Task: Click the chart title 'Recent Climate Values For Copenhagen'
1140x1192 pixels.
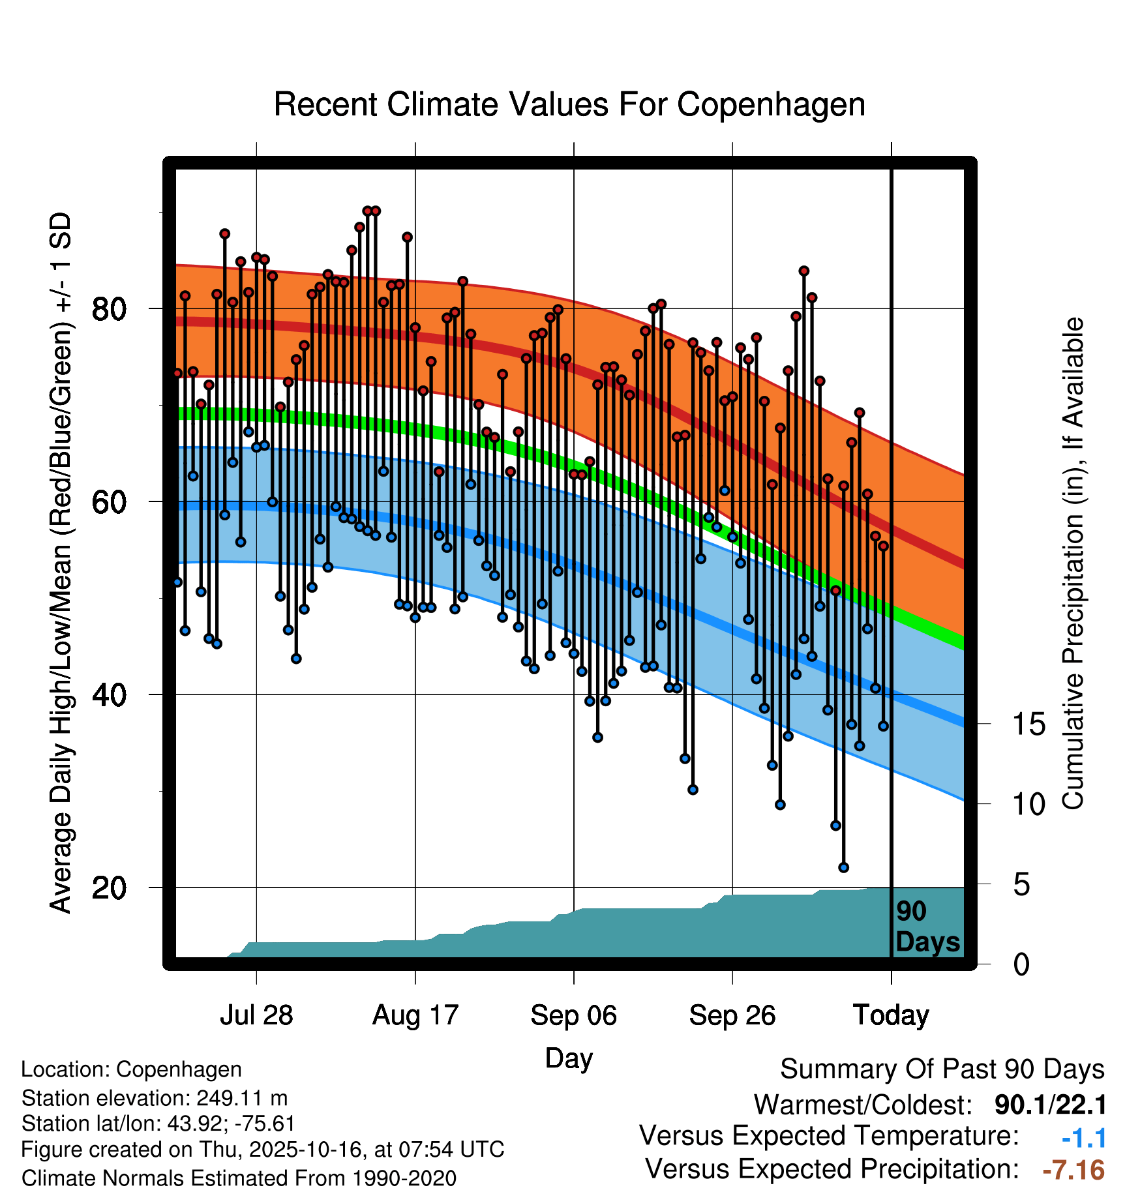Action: tap(569, 104)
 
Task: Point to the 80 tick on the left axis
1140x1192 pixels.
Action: tap(110, 308)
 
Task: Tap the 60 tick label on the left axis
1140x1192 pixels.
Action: tap(110, 501)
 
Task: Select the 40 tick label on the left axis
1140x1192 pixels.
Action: tap(110, 694)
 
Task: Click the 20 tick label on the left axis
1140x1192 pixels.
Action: tap(110, 887)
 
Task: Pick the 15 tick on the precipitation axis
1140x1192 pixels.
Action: tap(1029, 724)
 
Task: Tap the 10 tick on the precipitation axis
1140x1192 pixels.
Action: tap(1029, 804)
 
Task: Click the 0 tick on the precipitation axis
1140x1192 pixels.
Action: tap(1021, 964)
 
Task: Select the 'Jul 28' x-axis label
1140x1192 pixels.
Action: tap(256, 1015)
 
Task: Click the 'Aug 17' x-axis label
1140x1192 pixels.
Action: tap(415, 1015)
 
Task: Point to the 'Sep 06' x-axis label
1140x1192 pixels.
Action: tap(574, 1015)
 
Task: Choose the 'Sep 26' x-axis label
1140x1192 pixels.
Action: tap(732, 1015)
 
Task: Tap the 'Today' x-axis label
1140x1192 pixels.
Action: tap(892, 1015)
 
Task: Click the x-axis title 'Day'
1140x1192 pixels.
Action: tap(569, 1058)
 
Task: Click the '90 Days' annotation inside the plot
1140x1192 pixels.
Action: tap(927, 927)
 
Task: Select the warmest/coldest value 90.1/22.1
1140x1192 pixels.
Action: tap(1050, 1105)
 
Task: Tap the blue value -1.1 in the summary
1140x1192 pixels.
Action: tap(1084, 1138)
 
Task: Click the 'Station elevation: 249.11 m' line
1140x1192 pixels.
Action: tap(155, 1098)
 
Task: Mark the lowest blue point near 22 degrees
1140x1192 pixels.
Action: tap(844, 867)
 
